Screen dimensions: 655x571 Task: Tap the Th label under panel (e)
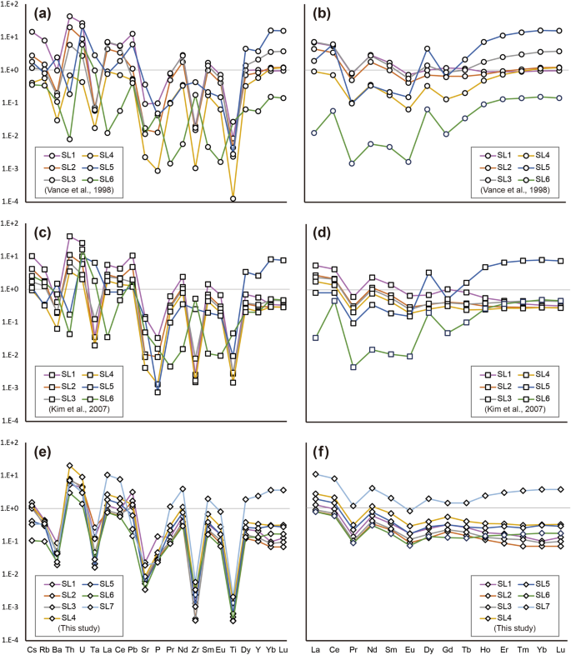click(x=69, y=649)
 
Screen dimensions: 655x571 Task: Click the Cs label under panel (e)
click(x=32, y=649)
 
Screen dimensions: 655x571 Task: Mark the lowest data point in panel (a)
click(x=233, y=198)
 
